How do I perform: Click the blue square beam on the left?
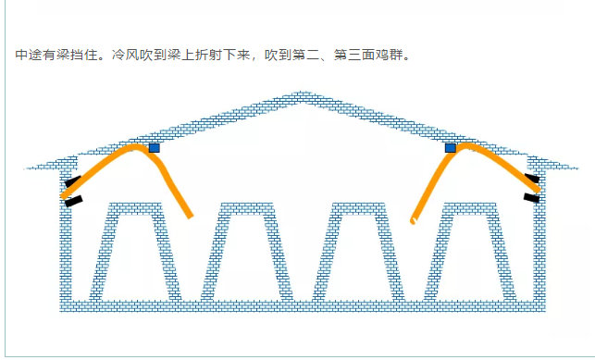tap(154, 148)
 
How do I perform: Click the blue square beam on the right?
tap(451, 148)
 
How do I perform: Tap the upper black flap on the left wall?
tap(72, 181)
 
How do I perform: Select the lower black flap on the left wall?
tap(74, 201)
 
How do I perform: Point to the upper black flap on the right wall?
tap(532, 178)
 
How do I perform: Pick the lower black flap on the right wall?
tap(531, 198)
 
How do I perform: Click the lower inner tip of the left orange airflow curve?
tap(191, 217)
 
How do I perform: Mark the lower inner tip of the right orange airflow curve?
tap(413, 221)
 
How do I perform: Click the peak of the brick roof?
tap(301, 93)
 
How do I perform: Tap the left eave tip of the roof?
tap(25, 168)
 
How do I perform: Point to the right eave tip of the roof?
tap(577, 168)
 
